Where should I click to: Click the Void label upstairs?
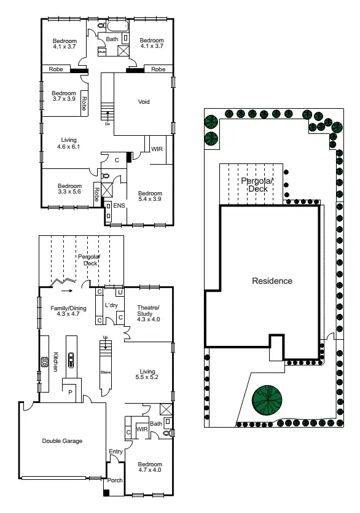pos(144,102)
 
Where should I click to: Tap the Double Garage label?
pos(62,441)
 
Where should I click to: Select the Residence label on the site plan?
pos(272,281)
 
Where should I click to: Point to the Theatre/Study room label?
pos(148,313)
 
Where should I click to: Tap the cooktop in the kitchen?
pos(44,362)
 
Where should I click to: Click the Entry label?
pos(115,452)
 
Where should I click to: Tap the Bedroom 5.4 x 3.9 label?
pos(149,195)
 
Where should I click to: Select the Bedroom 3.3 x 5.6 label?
pos(69,189)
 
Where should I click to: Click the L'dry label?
pos(112,305)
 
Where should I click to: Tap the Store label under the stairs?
pos(104,372)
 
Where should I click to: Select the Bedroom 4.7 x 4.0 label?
pos(149,468)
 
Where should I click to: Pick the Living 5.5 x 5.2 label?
pos(147,374)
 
